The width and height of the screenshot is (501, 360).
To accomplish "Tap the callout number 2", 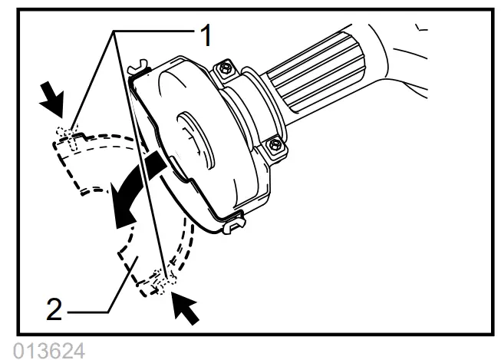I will point(53,310).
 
